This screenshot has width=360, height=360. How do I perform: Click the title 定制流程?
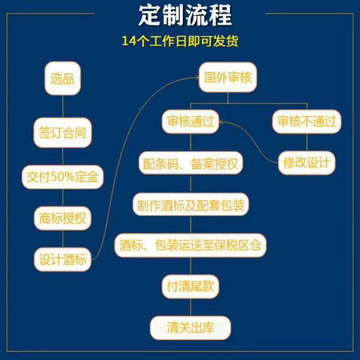(185, 16)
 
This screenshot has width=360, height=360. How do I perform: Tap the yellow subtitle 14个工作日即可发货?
(180, 41)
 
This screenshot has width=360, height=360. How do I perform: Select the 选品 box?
(63, 78)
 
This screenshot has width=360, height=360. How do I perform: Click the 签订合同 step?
(63, 132)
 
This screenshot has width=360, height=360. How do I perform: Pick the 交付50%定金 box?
(63, 177)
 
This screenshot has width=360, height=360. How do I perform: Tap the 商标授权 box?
(63, 218)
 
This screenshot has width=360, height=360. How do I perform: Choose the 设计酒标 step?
(63, 260)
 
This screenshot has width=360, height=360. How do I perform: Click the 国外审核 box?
(228, 77)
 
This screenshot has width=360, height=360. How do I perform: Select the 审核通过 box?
(190, 121)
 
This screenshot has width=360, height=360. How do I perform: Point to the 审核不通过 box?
(307, 121)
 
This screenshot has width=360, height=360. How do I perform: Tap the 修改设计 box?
(307, 162)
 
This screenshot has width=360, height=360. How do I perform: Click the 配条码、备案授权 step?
(190, 163)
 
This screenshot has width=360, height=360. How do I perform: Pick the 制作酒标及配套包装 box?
(190, 204)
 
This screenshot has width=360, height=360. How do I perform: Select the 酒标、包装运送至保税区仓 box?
(190, 245)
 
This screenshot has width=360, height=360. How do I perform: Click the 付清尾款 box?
(190, 287)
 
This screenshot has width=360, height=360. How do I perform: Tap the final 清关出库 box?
(190, 328)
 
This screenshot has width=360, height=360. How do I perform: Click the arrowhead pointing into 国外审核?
(198, 78)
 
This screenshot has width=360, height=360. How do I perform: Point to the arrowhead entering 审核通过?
(221, 122)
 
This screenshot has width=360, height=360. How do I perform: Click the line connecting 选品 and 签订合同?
(63, 107)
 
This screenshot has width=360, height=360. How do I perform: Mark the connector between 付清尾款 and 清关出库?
(190, 307)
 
